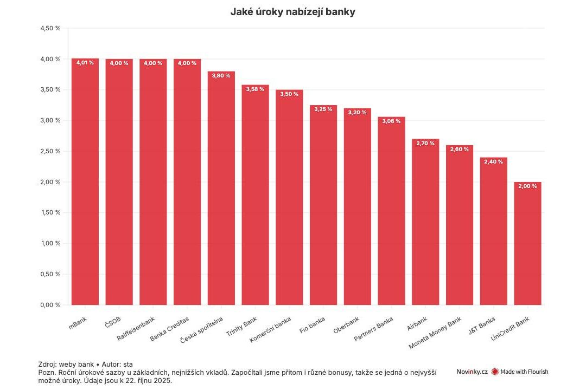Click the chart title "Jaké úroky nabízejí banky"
293,11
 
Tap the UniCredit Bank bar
528,244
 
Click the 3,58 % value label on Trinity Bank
255,88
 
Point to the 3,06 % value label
391,121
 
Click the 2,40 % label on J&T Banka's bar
493,161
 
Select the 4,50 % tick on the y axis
50,28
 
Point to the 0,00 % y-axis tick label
50,305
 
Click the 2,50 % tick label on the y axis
50,151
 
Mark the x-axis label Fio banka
313,323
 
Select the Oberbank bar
358,206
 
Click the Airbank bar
425,222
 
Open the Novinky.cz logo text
472,372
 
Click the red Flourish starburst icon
495,372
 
